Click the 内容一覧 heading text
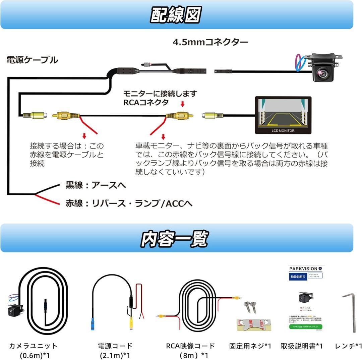coord(174,239)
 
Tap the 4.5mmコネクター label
coord(210,42)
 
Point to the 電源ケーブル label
coord(32,60)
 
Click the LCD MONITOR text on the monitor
coord(283,130)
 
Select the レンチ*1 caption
coord(349,346)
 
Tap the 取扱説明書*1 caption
coord(302,346)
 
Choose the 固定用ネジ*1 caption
coord(250,346)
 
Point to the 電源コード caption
coord(115,346)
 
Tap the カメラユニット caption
coord(33,346)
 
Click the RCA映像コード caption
coord(190,346)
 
